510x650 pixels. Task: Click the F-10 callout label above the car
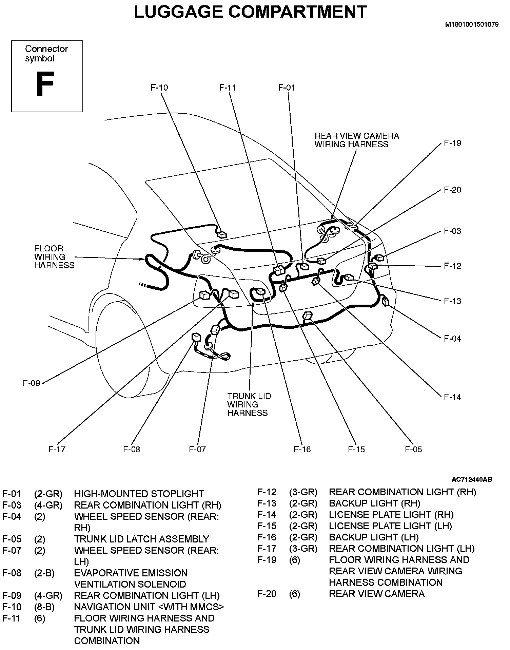click(x=159, y=88)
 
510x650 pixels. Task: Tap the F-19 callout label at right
click(x=452, y=143)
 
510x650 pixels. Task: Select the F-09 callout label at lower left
click(x=32, y=383)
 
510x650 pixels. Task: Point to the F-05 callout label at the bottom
click(x=413, y=449)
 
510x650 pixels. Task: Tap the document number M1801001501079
click(x=472, y=25)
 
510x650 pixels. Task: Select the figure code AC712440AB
click(x=472, y=479)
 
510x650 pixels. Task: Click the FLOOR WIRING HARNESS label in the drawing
click(x=54, y=257)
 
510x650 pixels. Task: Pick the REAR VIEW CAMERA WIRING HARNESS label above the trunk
click(x=357, y=140)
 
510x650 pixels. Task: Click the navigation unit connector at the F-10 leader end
click(x=222, y=234)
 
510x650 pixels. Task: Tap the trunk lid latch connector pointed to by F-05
click(x=307, y=316)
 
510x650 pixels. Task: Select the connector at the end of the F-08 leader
click(x=196, y=337)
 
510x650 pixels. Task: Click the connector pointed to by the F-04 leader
click(x=386, y=301)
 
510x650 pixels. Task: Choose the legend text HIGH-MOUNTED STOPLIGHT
click(x=139, y=494)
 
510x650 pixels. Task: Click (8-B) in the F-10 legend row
click(x=44, y=607)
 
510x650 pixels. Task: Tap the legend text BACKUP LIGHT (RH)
click(x=374, y=503)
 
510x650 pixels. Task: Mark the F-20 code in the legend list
click(x=267, y=594)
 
